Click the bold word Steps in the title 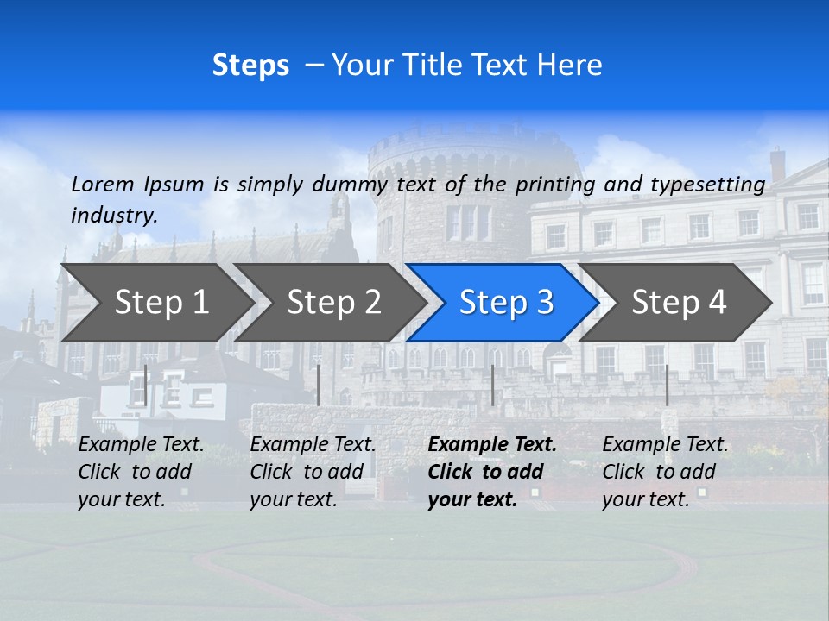(x=250, y=66)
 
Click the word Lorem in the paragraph (x=103, y=184)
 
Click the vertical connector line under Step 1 (x=146, y=385)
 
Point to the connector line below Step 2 (x=319, y=385)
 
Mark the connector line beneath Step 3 (x=492, y=385)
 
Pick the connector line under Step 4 (x=667, y=385)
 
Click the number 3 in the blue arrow (x=543, y=303)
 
